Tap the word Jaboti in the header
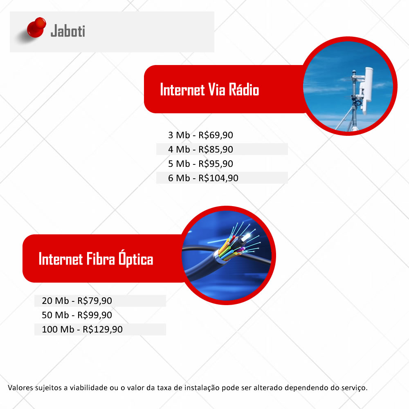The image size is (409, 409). pos(68,31)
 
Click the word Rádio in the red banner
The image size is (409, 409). pos(244,90)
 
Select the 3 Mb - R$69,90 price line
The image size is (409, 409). pos(200,135)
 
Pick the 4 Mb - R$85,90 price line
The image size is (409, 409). pos(200,149)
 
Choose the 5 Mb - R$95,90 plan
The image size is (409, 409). pos(200,164)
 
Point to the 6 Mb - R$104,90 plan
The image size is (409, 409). pos(203,178)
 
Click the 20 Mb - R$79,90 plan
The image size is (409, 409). pos(77,301)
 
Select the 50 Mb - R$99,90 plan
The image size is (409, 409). pos(77,315)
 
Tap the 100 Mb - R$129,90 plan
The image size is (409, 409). pos(82,329)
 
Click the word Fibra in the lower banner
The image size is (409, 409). pos(101,259)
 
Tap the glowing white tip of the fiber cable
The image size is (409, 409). pos(247,237)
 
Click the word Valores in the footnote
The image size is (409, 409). pos(20,388)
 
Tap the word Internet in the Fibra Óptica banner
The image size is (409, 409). pos(61,259)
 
